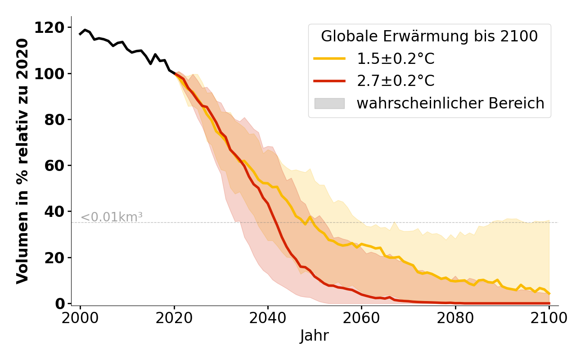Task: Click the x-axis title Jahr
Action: click(x=314, y=336)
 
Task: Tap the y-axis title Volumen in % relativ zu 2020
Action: click(x=22, y=161)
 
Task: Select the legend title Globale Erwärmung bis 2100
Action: click(x=429, y=36)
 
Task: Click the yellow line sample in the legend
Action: click(x=329, y=58)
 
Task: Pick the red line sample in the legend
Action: click(x=329, y=81)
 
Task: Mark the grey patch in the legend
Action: click(x=329, y=103)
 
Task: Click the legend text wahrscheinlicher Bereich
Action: click(x=450, y=103)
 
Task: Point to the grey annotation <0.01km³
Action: click(x=112, y=217)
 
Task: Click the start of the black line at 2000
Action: click(x=81, y=34)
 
